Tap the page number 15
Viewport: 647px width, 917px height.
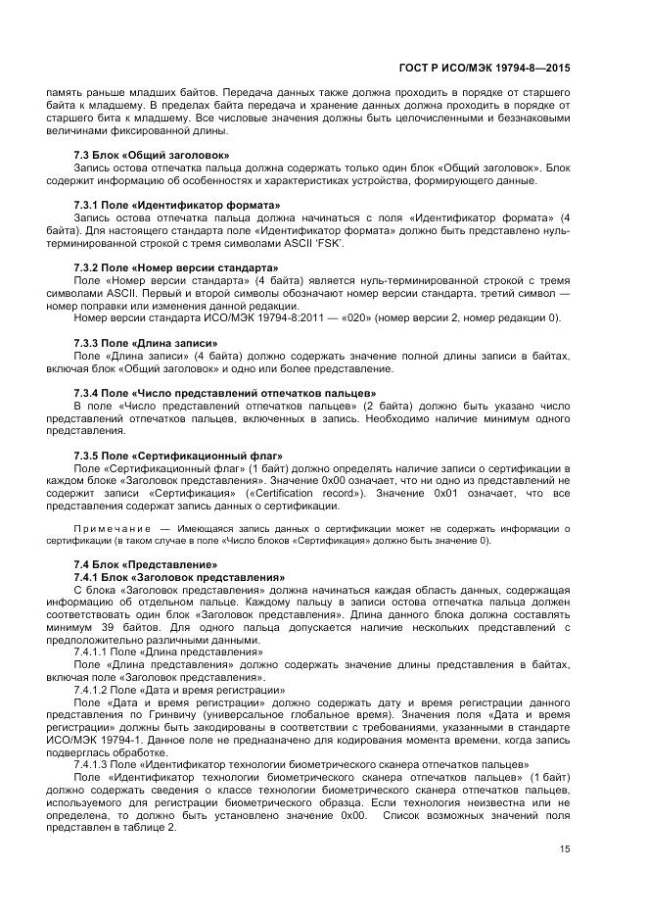pos(565,848)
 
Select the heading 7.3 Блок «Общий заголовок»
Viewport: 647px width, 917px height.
pos(152,155)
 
